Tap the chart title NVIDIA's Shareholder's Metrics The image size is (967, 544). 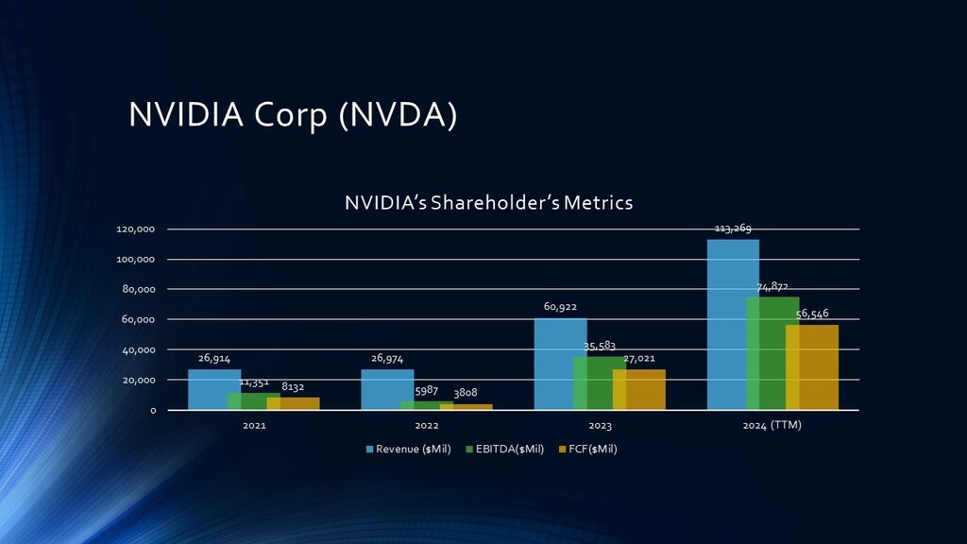click(488, 202)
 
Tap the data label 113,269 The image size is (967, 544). click(733, 229)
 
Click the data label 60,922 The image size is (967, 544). click(560, 307)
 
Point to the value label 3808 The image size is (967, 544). click(466, 393)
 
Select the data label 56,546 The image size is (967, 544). click(813, 313)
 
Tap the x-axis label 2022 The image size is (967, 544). click(427, 426)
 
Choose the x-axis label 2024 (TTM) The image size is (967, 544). click(772, 425)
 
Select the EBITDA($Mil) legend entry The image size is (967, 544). click(505, 449)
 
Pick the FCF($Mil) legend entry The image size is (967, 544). click(588, 449)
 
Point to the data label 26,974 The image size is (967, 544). click(388, 359)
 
